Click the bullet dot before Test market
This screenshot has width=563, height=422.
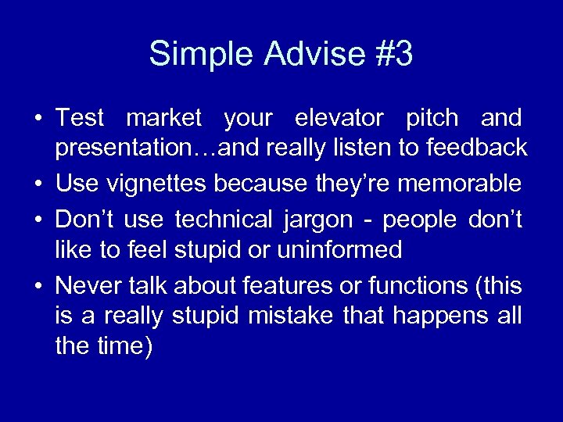coord(38,120)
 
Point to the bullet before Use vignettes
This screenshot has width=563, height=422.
coord(38,185)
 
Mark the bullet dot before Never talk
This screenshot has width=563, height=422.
coord(38,287)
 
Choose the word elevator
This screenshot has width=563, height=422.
coord(339,119)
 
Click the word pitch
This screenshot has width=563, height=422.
coord(432,119)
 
